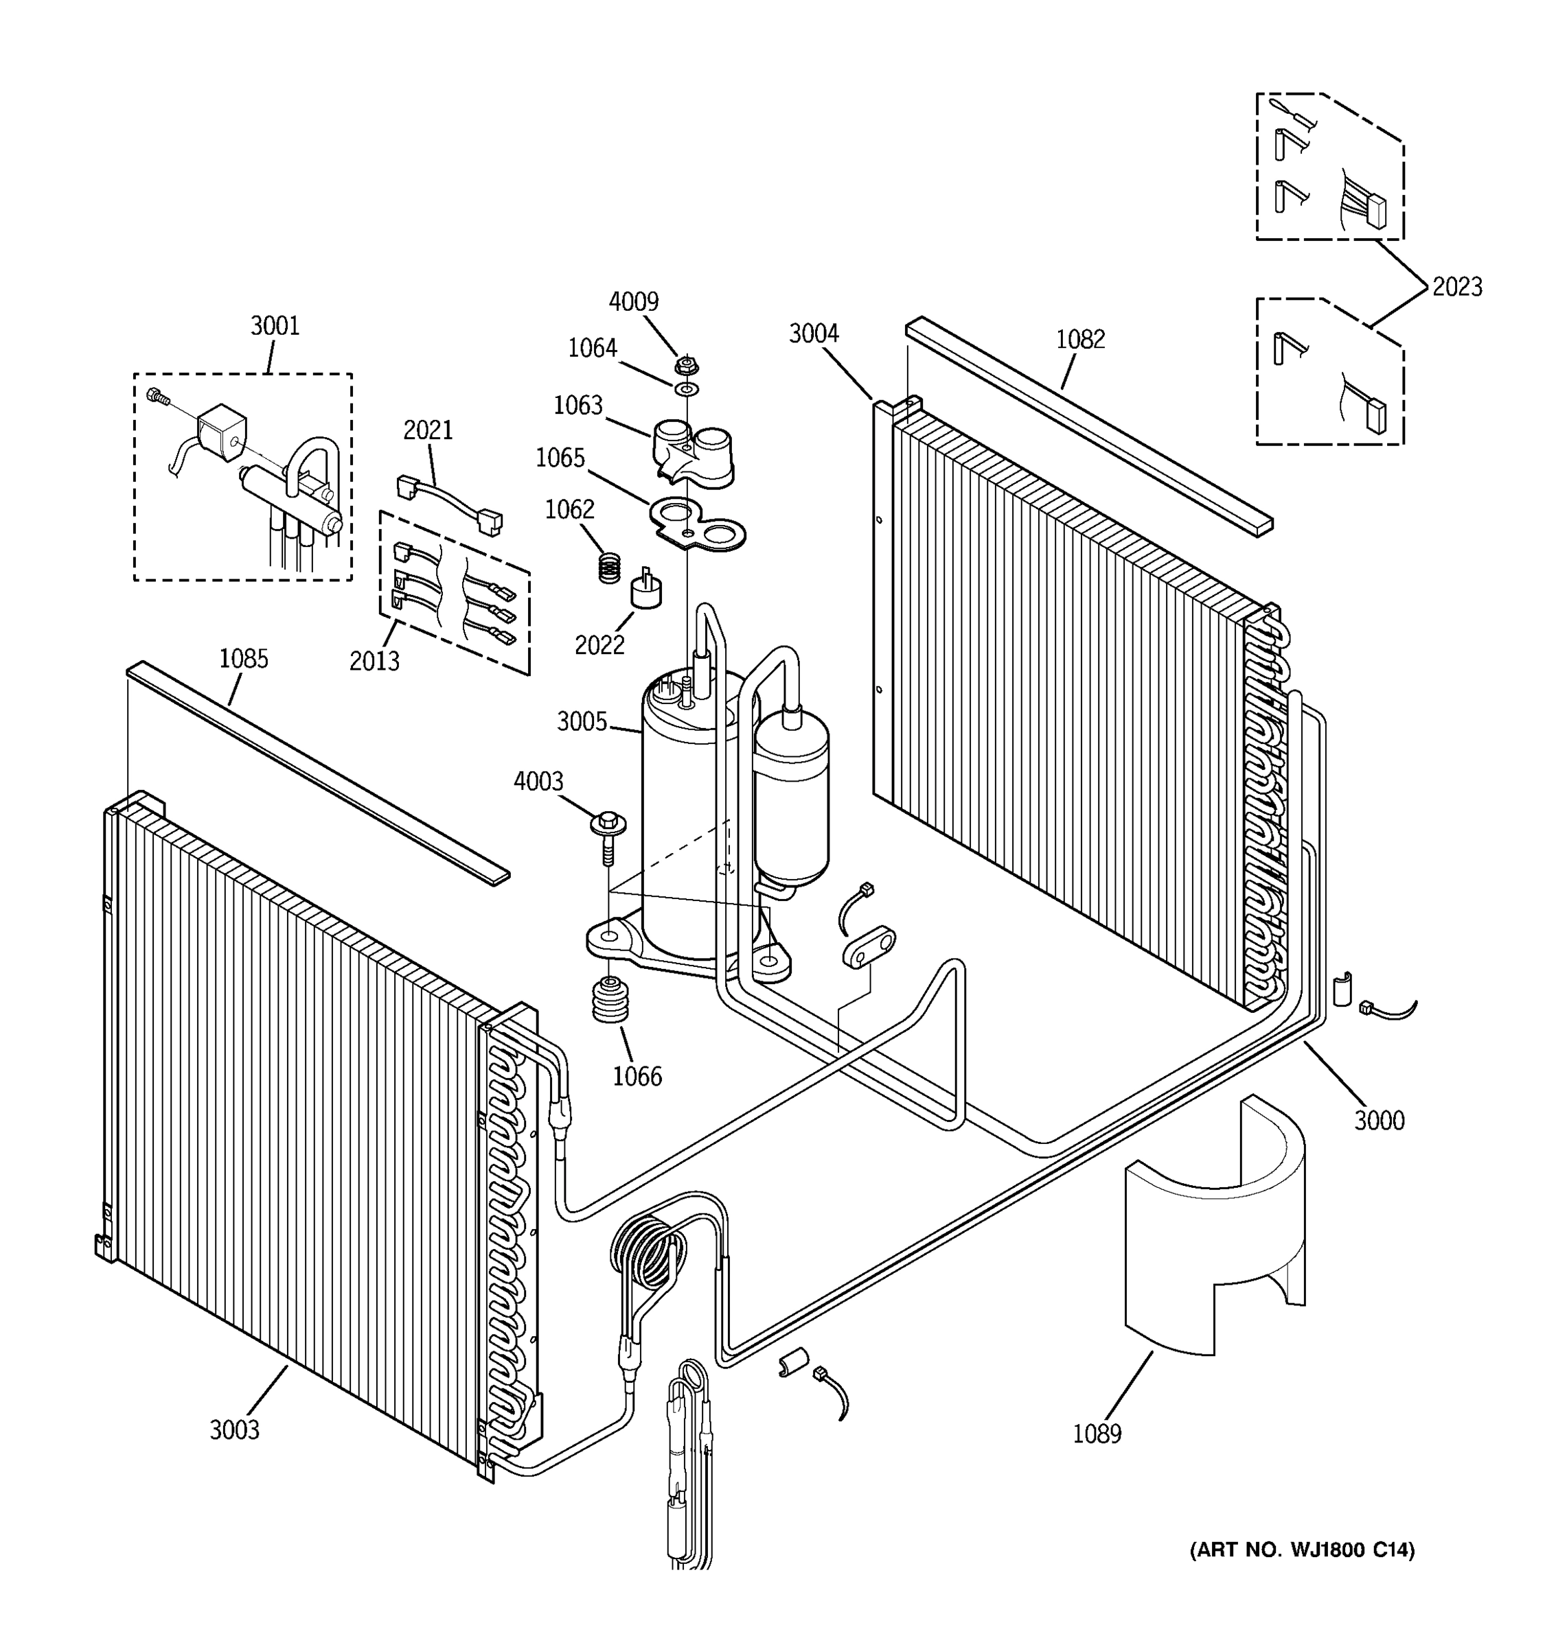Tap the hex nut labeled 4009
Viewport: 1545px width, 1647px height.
coord(685,364)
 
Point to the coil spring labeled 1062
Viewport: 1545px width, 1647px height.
coord(609,568)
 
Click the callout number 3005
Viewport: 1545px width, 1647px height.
coord(582,722)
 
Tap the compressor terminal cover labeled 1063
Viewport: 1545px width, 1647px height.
coord(692,452)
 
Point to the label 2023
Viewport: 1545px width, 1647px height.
coord(1456,288)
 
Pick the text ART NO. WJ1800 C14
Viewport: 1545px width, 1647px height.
coord(1301,1550)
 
